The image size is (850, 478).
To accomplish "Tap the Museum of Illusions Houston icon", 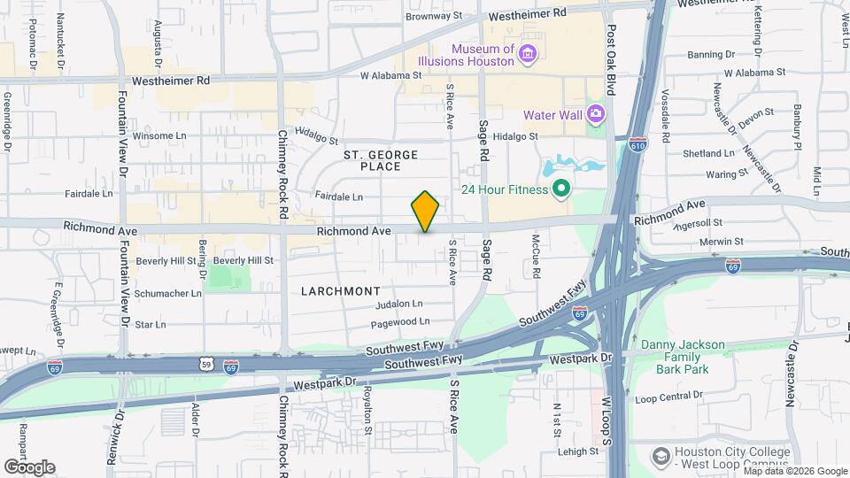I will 528,55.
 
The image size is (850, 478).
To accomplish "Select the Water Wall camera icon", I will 596,114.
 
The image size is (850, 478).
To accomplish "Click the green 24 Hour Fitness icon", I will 560,189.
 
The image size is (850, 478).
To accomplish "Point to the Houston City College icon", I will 661,456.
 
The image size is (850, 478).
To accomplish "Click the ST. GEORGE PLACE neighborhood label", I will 380,160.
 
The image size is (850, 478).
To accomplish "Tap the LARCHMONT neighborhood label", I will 341,290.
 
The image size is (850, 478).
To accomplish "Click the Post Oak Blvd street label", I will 611,60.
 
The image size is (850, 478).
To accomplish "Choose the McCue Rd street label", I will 537,254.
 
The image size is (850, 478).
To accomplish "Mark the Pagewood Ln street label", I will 402,321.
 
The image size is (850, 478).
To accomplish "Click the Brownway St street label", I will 434,16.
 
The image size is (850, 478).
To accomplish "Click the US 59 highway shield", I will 205,363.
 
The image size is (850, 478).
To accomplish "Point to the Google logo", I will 29,466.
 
